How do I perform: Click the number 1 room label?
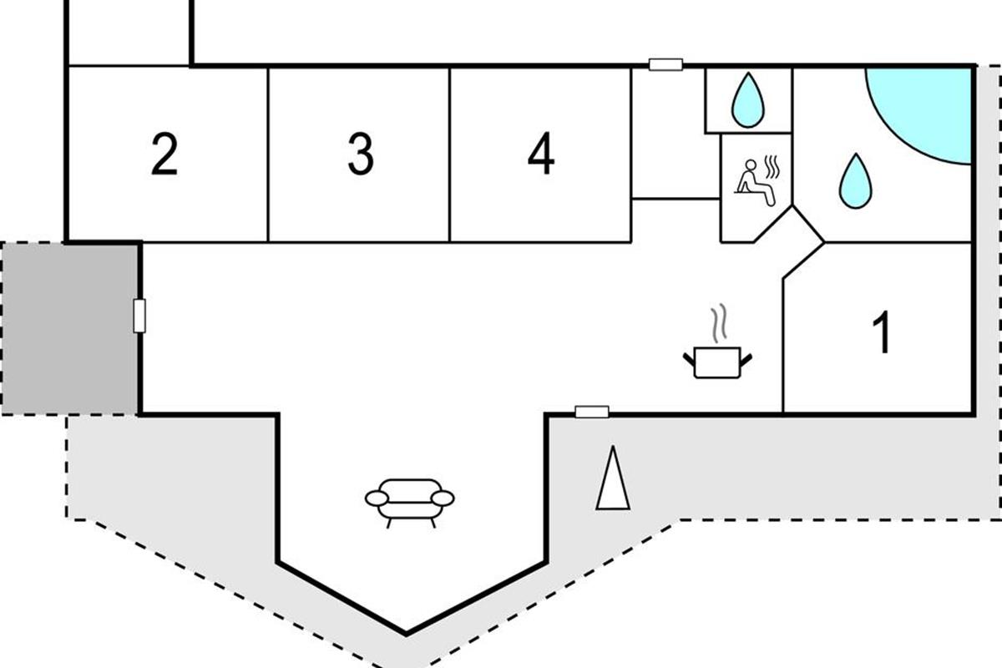coord(881,332)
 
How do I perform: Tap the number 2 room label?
coord(164,154)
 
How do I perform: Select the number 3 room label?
coord(360,154)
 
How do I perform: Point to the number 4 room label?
coord(541,154)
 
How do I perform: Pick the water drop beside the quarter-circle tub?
coord(854,180)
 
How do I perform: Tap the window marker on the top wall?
coord(666,64)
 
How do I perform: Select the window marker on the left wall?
coord(139,316)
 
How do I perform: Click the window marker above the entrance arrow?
coord(592,411)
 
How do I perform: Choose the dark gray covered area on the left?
coord(69,327)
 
